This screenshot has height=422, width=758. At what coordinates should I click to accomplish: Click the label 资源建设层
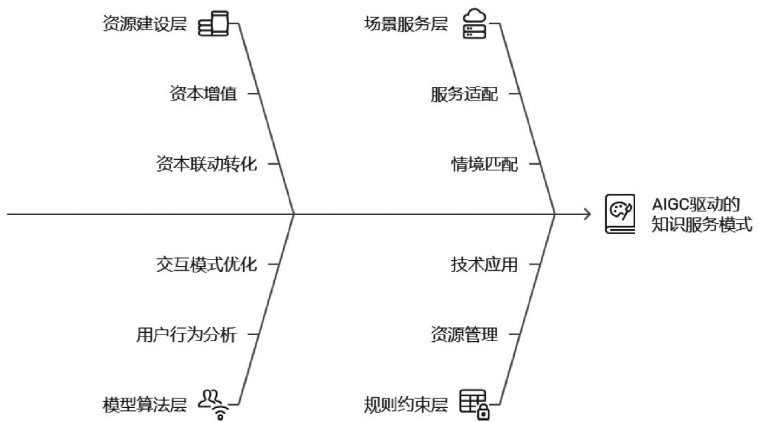click(144, 24)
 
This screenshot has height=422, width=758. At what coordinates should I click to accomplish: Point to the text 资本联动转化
click(206, 164)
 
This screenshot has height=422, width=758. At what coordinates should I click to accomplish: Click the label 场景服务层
click(406, 24)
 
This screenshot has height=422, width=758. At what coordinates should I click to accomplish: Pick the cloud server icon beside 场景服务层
click(474, 23)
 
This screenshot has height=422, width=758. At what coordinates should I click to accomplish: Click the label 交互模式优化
click(206, 264)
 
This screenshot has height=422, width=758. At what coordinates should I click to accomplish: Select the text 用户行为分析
click(186, 335)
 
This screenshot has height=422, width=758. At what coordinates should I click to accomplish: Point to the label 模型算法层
click(144, 404)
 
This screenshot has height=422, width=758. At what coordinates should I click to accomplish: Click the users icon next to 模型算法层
click(215, 404)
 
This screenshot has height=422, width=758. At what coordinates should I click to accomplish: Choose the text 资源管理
click(464, 335)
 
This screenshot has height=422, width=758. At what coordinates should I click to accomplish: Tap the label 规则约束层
click(406, 404)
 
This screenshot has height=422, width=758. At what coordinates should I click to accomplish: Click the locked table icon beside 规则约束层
click(475, 404)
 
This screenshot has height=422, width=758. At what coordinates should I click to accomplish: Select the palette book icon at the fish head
click(620, 214)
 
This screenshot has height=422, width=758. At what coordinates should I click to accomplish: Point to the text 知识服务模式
click(701, 225)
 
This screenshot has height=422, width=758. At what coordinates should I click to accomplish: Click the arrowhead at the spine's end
click(587, 214)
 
